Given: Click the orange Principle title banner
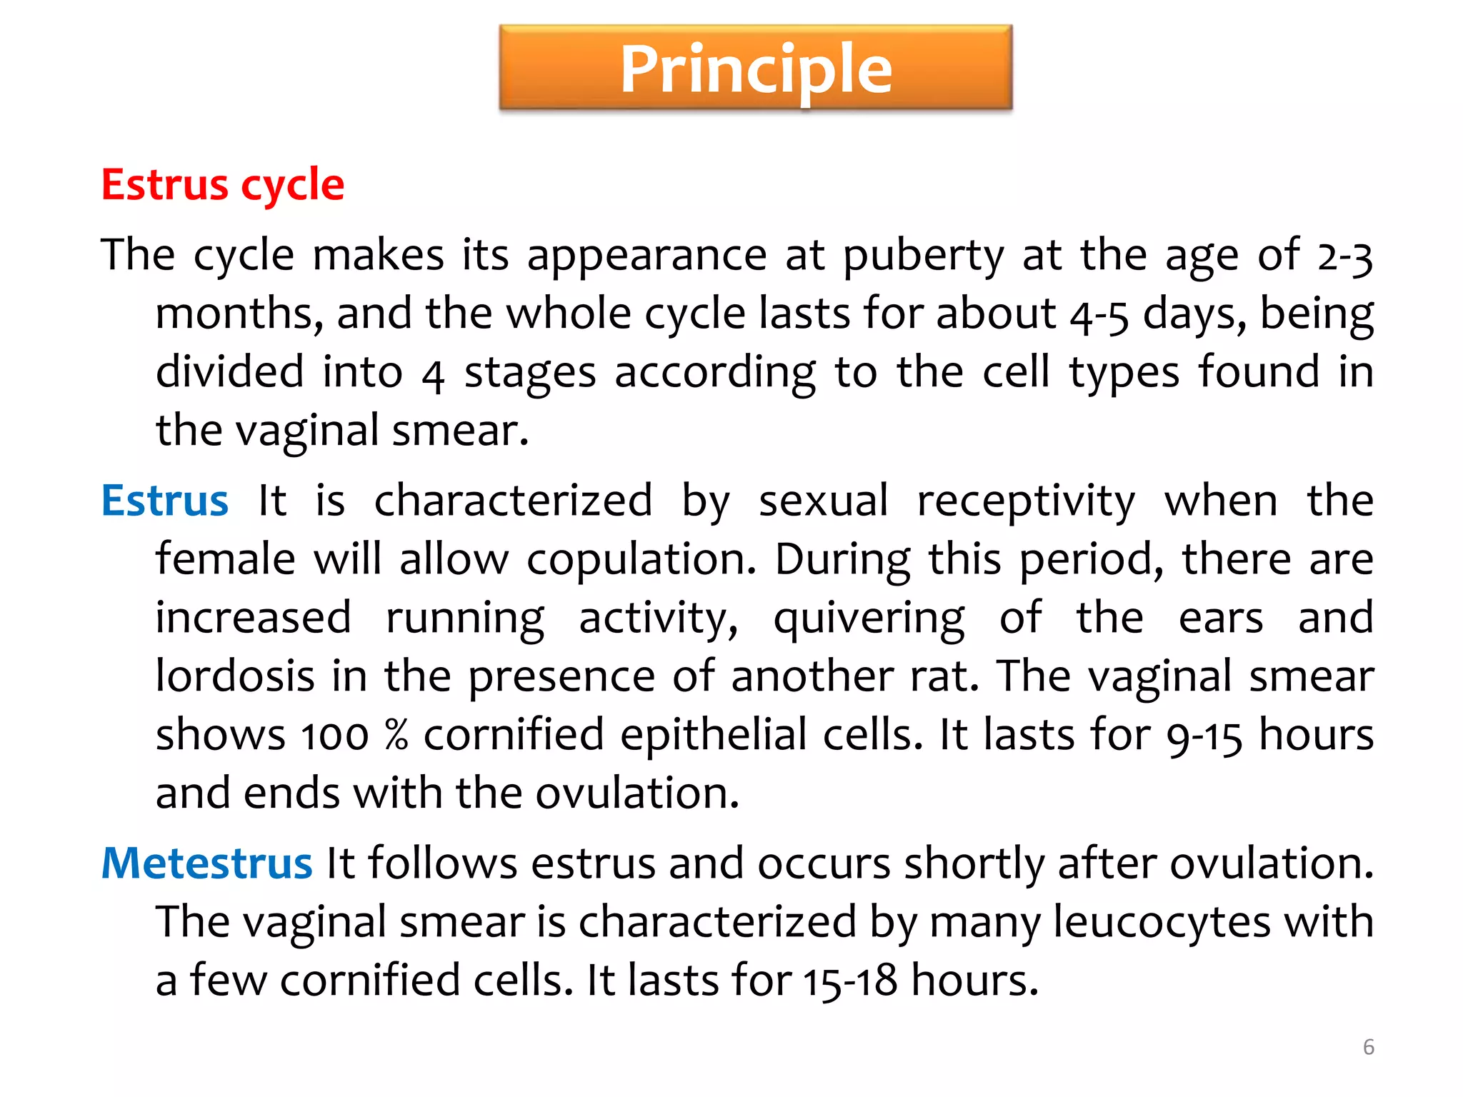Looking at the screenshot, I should point(756,68).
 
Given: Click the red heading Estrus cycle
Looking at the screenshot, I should point(223,185).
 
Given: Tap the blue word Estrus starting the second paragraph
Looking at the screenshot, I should point(165,501).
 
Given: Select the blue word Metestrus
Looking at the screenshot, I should point(206,863).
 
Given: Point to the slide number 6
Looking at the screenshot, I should point(1368,1047).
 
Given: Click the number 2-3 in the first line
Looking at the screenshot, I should point(1344,256).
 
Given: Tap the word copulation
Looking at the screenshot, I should point(641,560).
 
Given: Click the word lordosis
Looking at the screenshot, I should point(235,676).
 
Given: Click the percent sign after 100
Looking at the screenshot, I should point(396,735).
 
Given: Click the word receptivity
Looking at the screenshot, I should point(1026,501).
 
